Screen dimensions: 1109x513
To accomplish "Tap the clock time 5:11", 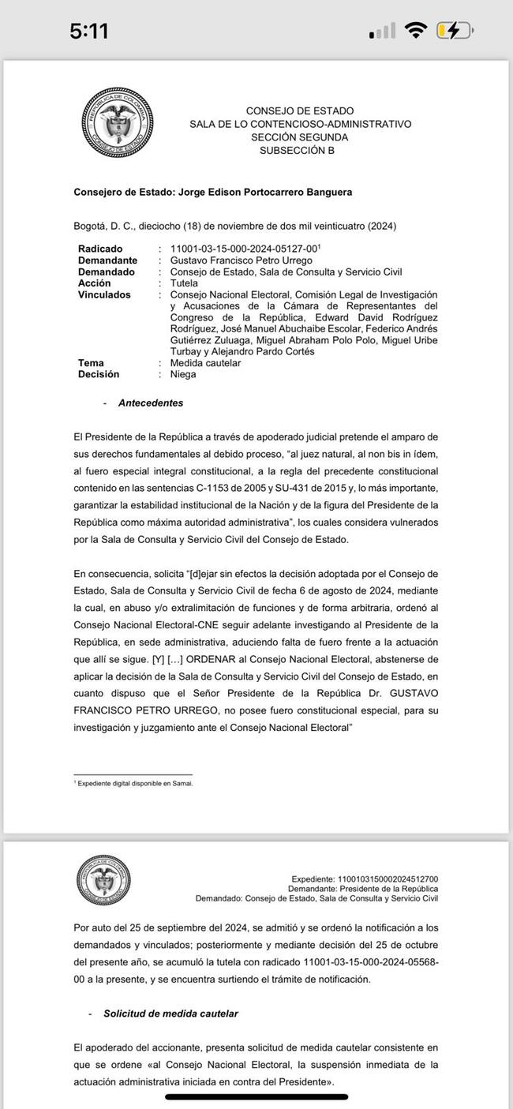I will (x=88, y=32).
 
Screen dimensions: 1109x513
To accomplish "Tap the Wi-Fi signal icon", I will (x=414, y=31).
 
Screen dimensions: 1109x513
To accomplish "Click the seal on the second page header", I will (x=103, y=882).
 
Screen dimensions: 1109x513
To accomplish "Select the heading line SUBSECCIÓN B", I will (x=297, y=150).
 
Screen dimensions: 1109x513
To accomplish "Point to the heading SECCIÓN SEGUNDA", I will (x=299, y=137).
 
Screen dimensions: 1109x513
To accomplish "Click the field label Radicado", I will (x=100, y=249).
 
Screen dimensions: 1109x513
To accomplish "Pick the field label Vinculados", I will (x=104, y=294).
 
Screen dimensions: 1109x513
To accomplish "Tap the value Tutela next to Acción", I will (x=183, y=283).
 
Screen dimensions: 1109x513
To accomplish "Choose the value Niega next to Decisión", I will (x=183, y=375).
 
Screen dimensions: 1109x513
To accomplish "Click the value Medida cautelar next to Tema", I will (x=205, y=363).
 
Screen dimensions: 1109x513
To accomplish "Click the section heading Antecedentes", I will (x=150, y=403).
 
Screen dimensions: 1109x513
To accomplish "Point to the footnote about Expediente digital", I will (x=134, y=784).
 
